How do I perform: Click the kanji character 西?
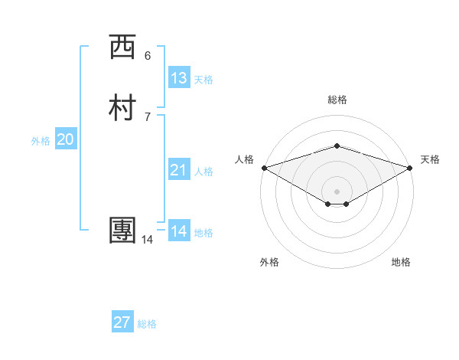pos(122,47)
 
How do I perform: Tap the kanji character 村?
pos(122,108)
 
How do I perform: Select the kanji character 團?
pos(122,231)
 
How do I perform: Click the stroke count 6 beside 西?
pos(148,55)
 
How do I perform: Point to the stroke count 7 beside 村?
pos(148,116)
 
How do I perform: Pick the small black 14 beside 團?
pos(147,240)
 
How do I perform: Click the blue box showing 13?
pos(179,78)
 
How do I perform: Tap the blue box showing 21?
pos(179,170)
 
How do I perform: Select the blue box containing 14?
pos(179,231)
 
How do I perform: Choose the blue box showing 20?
pos(65,139)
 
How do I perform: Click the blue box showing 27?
pos(122,322)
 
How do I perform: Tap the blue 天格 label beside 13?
pos(203,80)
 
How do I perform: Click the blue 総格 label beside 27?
pos(147,324)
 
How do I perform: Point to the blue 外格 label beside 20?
pos(41,141)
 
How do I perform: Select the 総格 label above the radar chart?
pos(337,100)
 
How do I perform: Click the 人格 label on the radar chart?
pos(245,159)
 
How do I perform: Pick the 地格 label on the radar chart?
pos(401,262)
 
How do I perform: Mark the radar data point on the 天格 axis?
pos(411,167)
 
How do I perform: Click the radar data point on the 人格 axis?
pos(263,167)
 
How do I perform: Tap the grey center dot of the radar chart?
pos(337,191)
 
